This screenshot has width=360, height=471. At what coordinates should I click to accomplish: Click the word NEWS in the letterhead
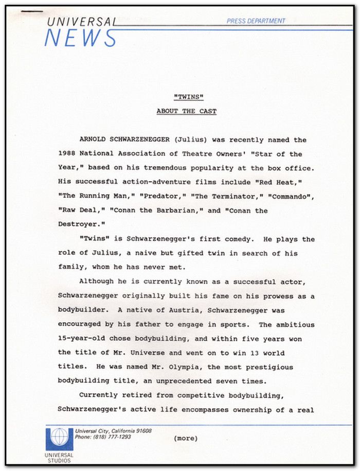click(80, 38)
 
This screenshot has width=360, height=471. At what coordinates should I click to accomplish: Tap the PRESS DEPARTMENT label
click(256, 21)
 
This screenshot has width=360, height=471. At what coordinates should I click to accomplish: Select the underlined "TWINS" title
click(186, 97)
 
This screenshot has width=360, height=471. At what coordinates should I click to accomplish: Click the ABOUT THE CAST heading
click(186, 111)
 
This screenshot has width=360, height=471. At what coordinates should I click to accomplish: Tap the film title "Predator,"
click(162, 196)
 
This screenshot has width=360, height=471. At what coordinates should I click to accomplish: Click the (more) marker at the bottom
click(186, 439)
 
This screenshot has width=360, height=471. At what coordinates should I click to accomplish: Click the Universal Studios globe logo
click(59, 438)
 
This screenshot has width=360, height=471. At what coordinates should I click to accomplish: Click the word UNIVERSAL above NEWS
click(81, 22)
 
